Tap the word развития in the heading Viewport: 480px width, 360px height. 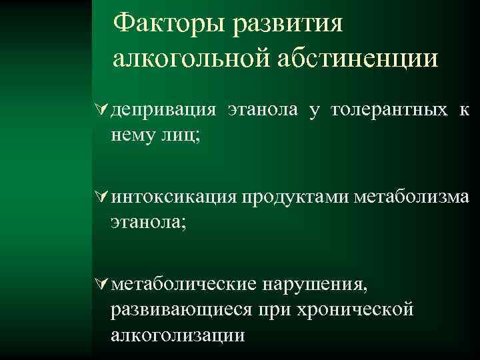[x=289, y=25]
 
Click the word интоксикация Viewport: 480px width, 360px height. [x=175, y=197]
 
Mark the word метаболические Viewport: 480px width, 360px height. [x=185, y=285]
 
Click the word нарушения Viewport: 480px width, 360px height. [x=315, y=285]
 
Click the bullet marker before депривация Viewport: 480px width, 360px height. [x=104, y=109]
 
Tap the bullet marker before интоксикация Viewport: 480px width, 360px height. [x=104, y=197]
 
